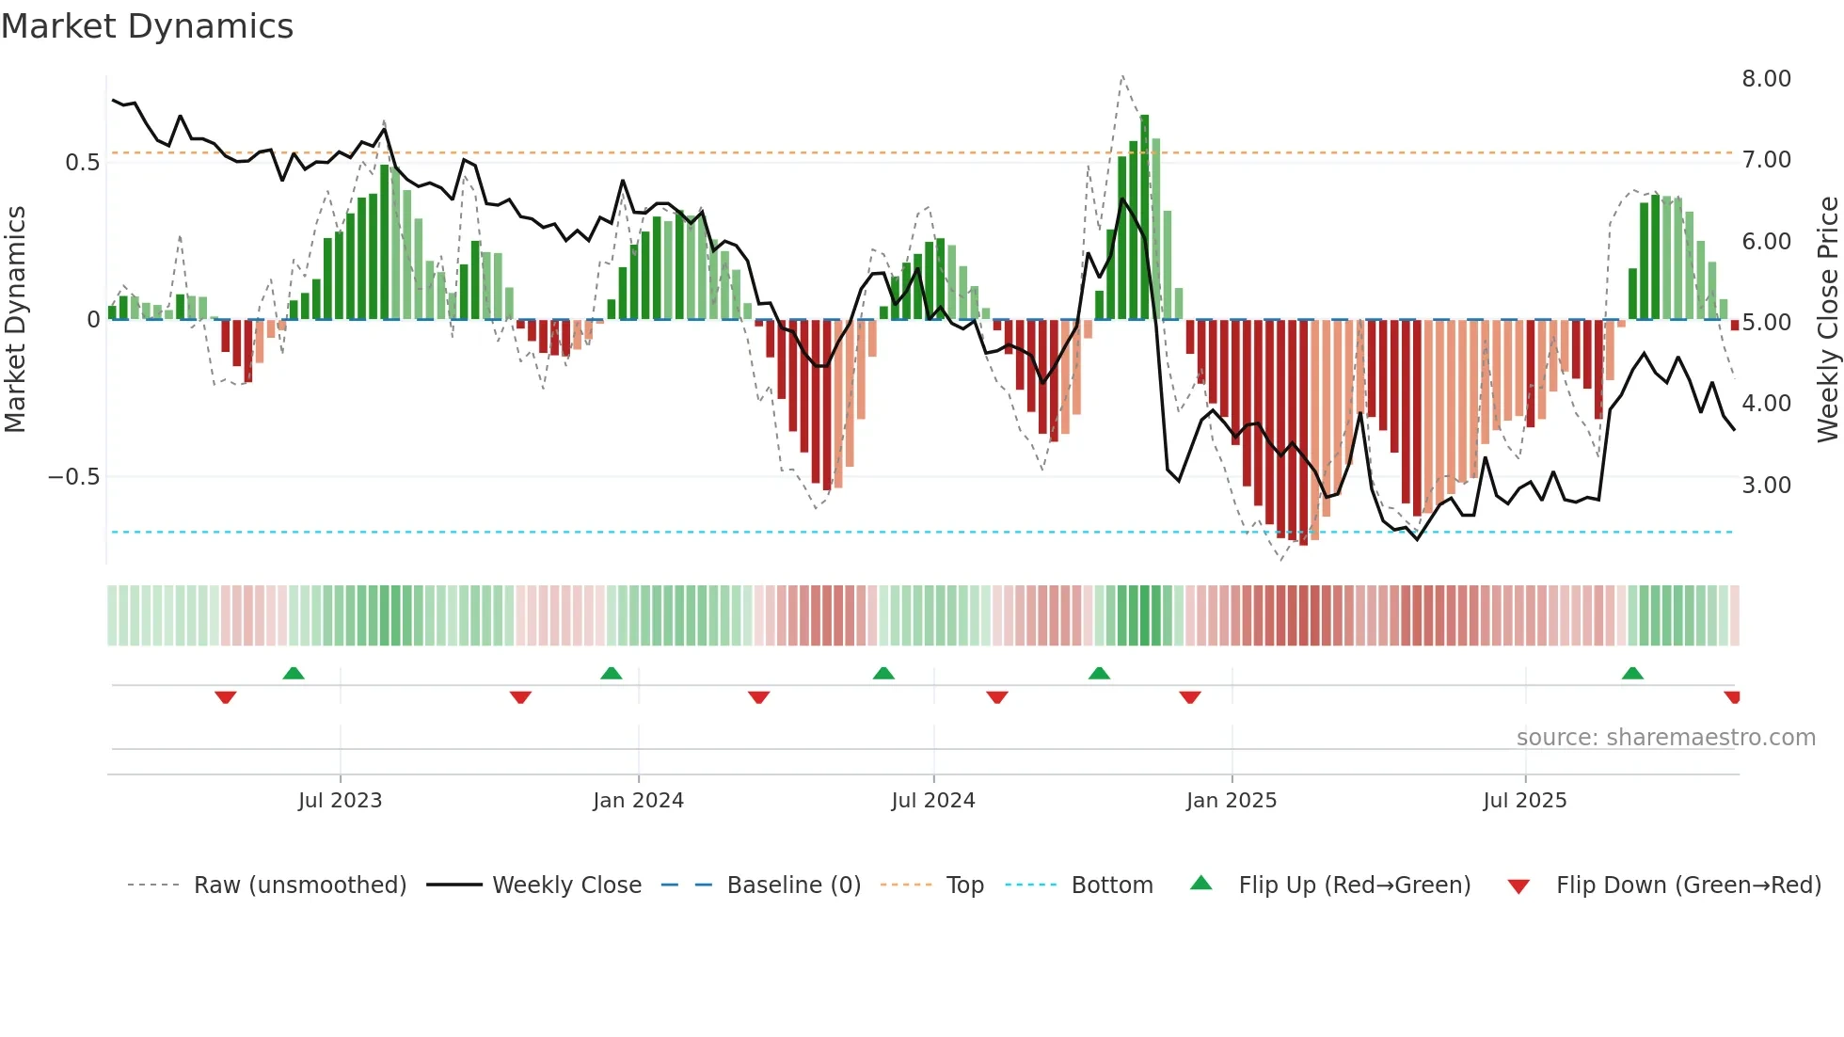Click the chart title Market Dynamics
148,26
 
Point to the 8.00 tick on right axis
1766,79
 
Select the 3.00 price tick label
1766,486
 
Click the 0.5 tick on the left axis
82,163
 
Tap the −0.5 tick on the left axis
73,477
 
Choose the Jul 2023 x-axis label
340,801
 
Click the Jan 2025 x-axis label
1231,801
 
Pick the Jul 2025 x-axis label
1524,801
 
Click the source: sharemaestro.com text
1665,738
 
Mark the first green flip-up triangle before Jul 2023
294,673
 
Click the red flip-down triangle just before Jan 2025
1189,697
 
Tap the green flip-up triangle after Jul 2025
1632,673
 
